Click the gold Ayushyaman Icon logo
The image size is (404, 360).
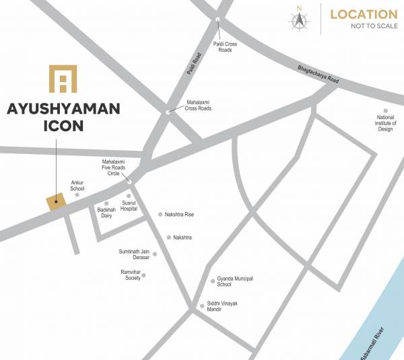(63, 79)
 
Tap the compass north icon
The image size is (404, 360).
(299, 18)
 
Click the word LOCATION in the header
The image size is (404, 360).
(364, 14)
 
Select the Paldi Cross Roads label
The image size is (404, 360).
(226, 46)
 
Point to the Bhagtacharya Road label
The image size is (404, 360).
(318, 75)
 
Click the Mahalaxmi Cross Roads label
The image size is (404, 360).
(199, 105)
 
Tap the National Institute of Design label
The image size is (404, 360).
(385, 123)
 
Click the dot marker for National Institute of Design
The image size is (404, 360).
(386, 110)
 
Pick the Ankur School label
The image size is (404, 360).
(77, 185)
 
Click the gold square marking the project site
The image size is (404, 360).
(56, 201)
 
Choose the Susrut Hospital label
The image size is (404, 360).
(129, 206)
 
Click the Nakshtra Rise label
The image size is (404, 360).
(179, 215)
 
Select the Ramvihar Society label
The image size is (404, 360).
(131, 275)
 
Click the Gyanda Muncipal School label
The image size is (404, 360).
(235, 281)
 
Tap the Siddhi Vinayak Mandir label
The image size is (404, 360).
(222, 307)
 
